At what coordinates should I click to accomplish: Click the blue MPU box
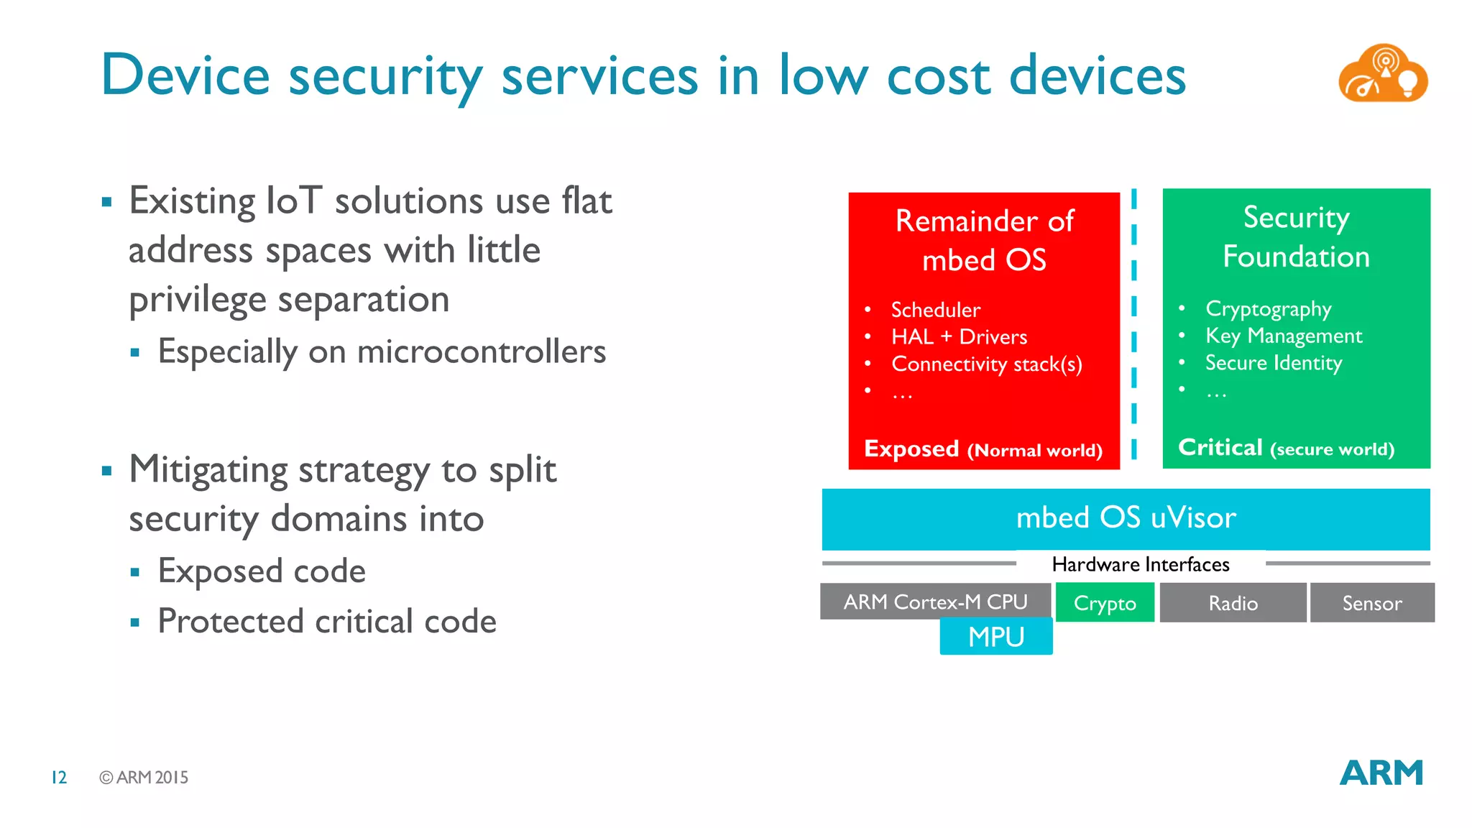pos(995,637)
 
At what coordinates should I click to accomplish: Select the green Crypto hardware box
pos(1105,603)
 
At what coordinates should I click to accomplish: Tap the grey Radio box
pos(1233,603)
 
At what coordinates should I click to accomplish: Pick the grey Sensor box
pos(1371,603)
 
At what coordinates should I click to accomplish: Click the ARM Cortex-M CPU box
pos(934,602)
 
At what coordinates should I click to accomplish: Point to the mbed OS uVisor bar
pos(1126,518)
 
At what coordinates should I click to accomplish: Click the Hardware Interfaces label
pos(1140,564)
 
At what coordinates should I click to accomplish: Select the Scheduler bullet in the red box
pos(935,310)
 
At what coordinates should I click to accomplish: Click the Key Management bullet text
pos(1283,336)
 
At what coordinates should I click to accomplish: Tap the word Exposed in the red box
pos(911,448)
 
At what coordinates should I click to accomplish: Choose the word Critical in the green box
pos(1220,447)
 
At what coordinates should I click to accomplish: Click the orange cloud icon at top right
pos(1382,73)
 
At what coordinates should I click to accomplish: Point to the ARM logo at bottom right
pos(1381,773)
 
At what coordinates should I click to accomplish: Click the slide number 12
pos(59,777)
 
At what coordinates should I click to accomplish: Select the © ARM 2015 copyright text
pos(144,777)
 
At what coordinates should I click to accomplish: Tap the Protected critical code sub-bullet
pos(326,621)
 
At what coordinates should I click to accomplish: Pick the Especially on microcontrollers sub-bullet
pos(381,351)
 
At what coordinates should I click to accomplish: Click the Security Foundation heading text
pos(1296,236)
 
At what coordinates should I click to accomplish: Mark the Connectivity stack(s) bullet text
pos(986,364)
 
